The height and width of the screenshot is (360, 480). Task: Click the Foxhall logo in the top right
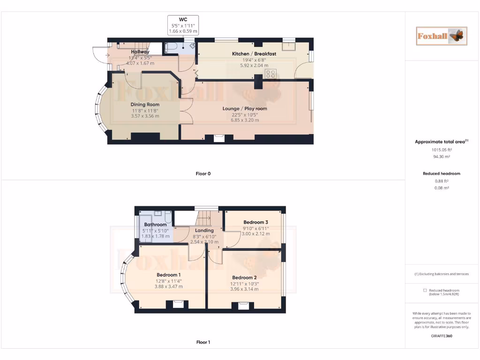point(442,36)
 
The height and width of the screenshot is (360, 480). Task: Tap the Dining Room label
point(145,105)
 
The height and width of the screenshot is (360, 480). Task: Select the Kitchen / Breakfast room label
point(254,54)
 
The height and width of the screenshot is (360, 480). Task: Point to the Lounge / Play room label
point(245,109)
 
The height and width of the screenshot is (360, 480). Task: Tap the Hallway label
point(140,52)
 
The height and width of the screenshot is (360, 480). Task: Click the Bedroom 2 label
point(244,277)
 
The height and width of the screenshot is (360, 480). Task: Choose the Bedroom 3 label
point(255,222)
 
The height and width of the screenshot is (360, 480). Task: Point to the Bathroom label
point(155,225)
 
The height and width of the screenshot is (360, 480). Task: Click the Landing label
point(204,231)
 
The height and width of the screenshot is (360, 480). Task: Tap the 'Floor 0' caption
point(203,174)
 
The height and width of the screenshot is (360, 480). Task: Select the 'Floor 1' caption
point(203,343)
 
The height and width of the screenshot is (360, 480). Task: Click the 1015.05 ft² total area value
point(442,150)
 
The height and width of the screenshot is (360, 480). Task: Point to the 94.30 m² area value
point(442,157)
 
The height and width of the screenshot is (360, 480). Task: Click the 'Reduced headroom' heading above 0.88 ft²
point(442,173)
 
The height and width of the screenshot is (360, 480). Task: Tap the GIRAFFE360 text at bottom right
point(442,336)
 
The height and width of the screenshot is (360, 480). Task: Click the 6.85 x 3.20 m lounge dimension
point(245,120)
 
